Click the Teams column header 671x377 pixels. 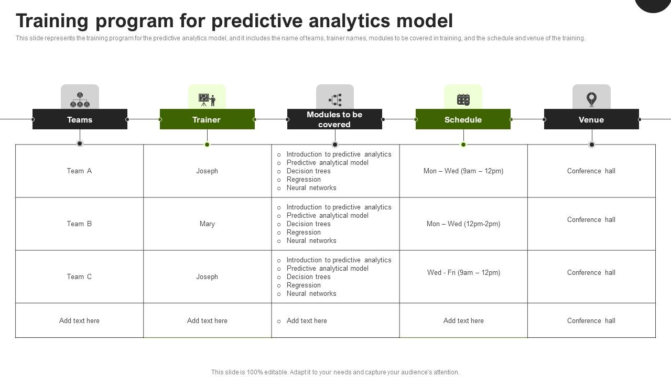click(80, 119)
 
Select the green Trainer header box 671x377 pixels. click(207, 119)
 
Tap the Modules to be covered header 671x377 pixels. click(334, 119)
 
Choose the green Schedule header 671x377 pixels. click(463, 119)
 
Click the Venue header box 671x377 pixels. click(591, 119)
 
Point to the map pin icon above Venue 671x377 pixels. click(591, 98)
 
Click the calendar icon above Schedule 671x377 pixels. click(463, 99)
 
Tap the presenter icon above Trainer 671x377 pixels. click(207, 99)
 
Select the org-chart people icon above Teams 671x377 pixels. click(80, 99)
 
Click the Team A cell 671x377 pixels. click(79, 171)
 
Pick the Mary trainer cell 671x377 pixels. click(207, 224)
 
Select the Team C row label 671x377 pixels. click(79, 276)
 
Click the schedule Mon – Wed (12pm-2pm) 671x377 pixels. click(463, 224)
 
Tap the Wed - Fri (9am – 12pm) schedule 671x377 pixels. click(463, 272)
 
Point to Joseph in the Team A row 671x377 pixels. click(207, 171)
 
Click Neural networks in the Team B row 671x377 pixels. click(311, 240)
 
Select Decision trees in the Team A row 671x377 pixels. click(308, 171)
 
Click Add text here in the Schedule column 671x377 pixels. click(463, 320)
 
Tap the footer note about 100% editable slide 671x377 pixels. click(335, 372)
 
